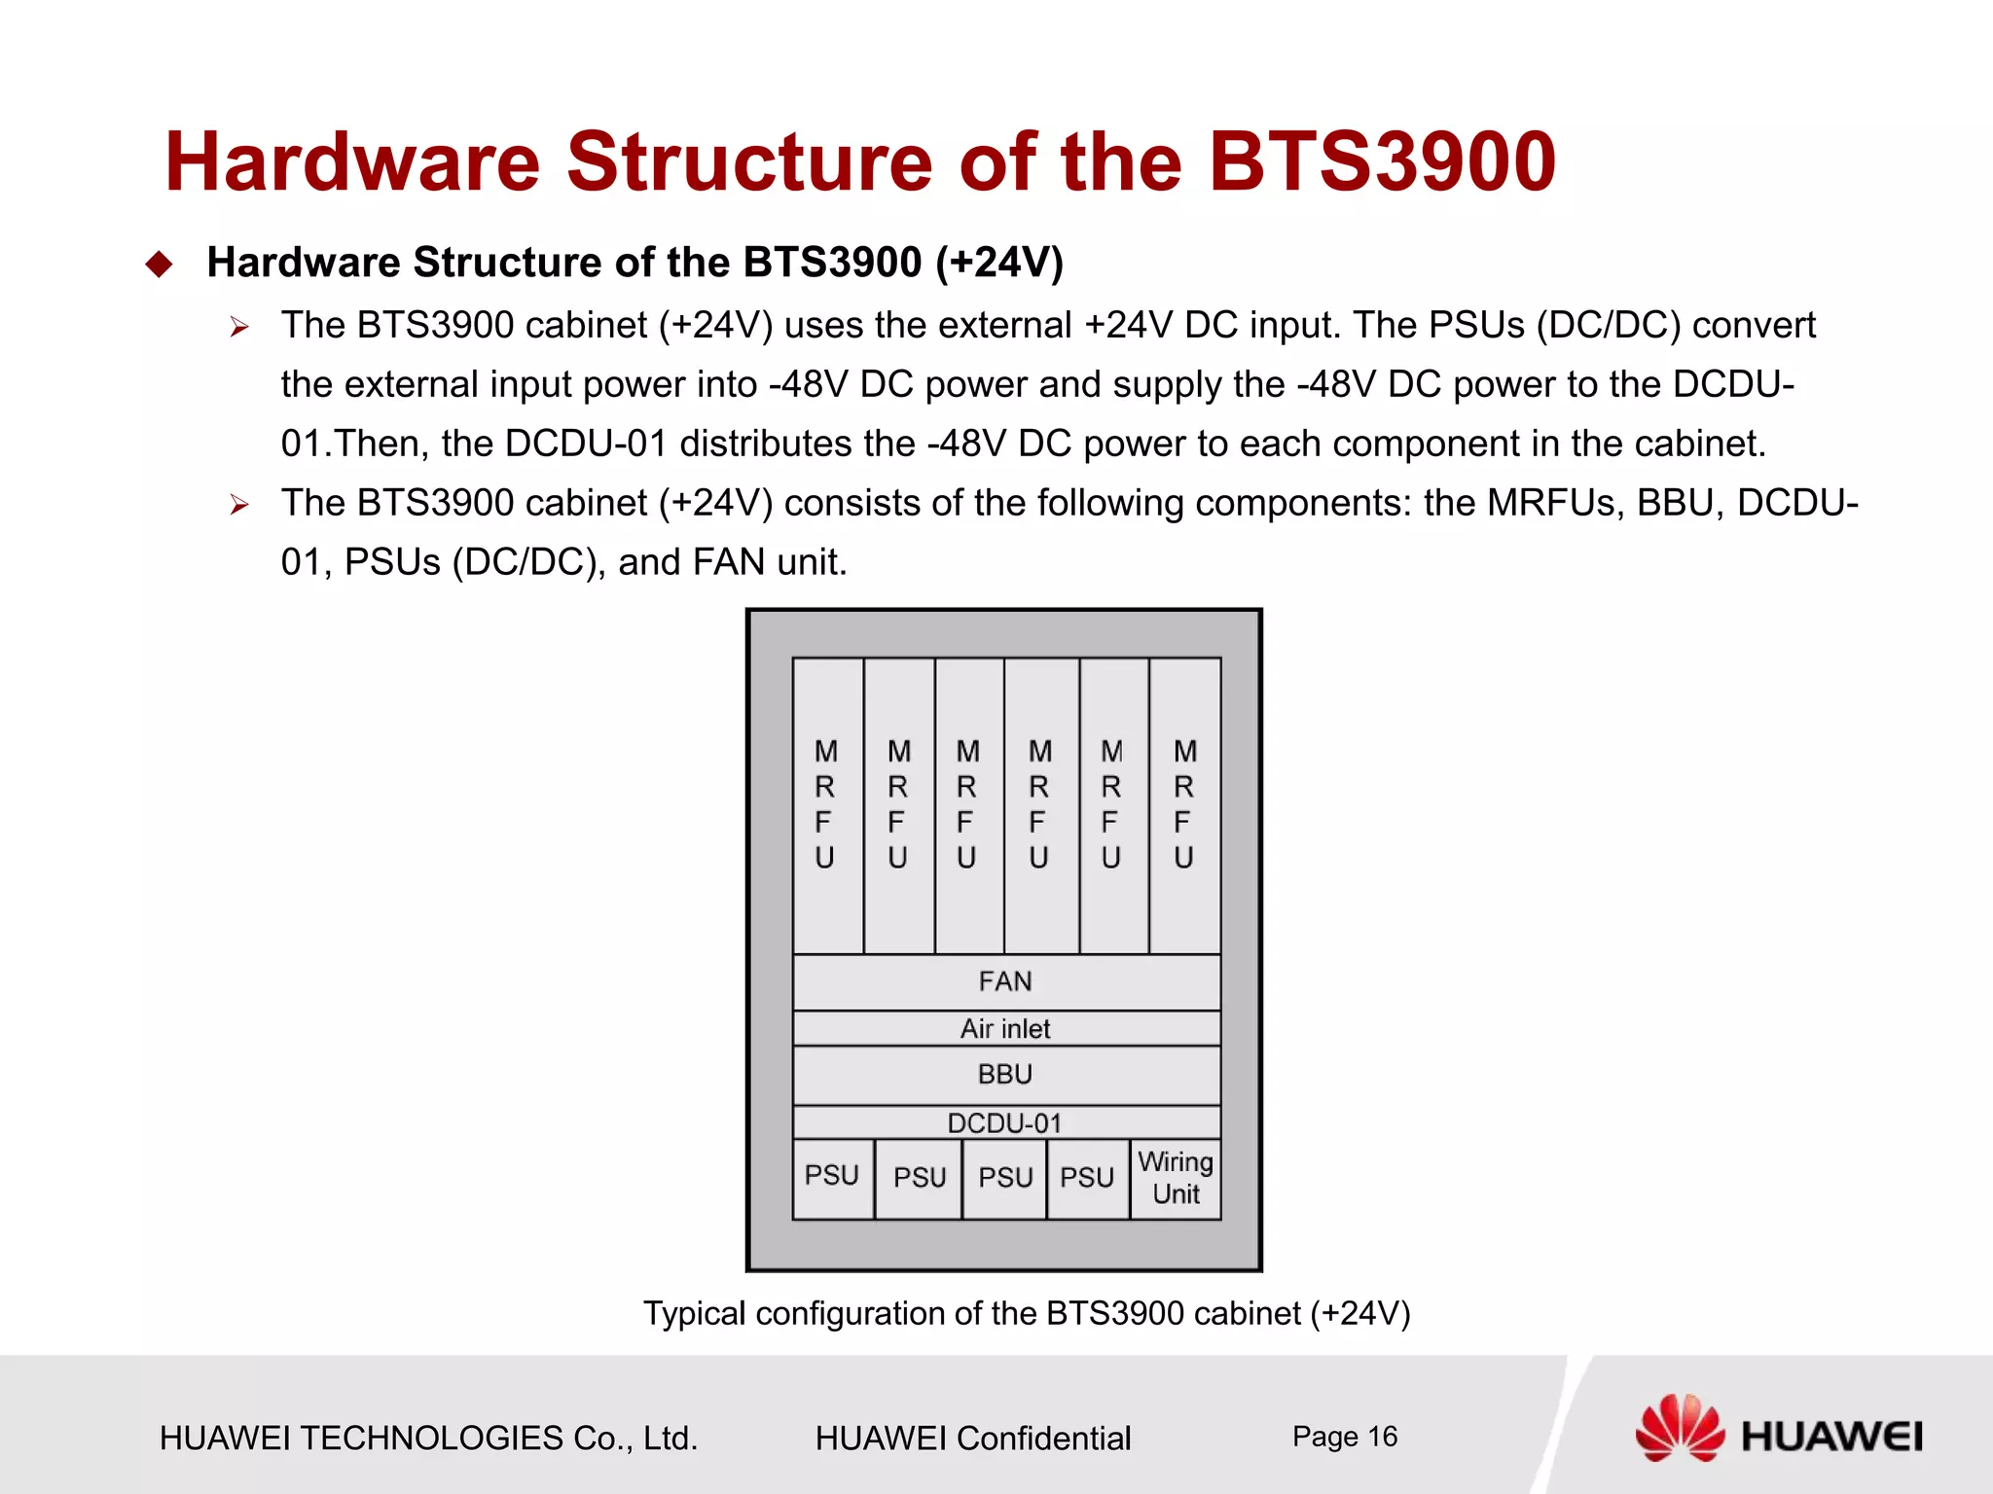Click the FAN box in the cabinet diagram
1006,981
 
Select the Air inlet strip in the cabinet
1006,1028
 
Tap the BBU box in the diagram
1006,1075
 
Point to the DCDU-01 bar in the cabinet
1006,1122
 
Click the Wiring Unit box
1176,1179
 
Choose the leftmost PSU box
833,1177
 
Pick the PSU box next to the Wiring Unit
1088,1179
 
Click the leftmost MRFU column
827,805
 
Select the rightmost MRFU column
1185,805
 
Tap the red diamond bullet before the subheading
159,265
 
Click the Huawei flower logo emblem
1680,1427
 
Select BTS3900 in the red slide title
1382,161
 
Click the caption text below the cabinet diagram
1027,1314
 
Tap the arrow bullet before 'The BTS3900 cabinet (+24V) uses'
239,328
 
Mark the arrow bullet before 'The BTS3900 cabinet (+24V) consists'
239,505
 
